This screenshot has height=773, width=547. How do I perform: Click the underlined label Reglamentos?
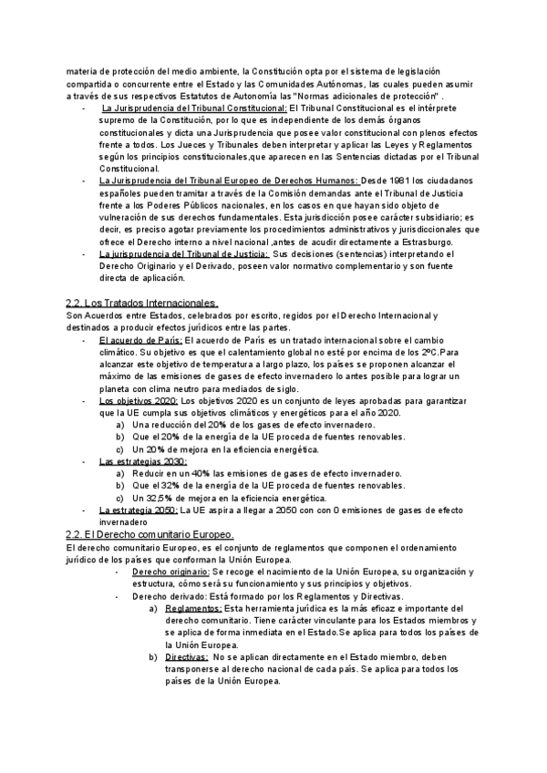point(194,607)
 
